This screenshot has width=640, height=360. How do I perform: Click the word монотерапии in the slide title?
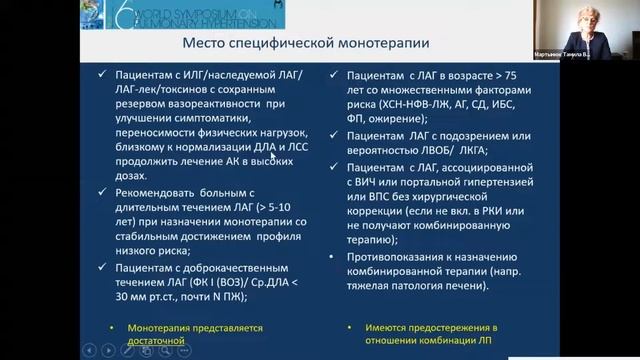(x=377, y=44)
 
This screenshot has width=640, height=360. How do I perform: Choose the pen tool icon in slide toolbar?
(x=128, y=349)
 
